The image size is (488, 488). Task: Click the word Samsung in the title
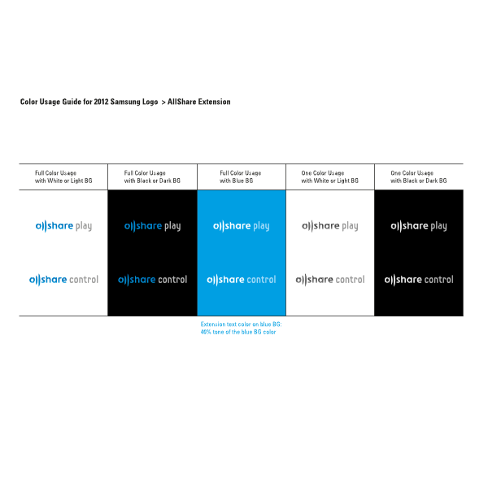pyautogui.click(x=124, y=102)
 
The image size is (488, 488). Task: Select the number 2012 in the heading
pyautogui.click(x=101, y=102)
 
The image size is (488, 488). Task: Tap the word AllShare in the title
pyautogui.click(x=181, y=102)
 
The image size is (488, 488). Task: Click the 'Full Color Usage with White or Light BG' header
pyautogui.click(x=63, y=176)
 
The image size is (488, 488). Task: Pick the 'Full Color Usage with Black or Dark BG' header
pyautogui.click(x=152, y=176)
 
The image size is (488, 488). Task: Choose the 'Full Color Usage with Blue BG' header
pyautogui.click(x=240, y=176)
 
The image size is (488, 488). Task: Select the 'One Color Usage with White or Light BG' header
pyautogui.click(x=330, y=176)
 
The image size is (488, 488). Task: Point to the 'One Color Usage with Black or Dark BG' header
pyautogui.click(x=419, y=176)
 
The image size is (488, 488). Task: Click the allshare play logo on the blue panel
pyautogui.click(x=242, y=226)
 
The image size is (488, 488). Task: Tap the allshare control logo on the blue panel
pyautogui.click(x=242, y=280)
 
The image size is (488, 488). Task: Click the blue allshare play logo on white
pyautogui.click(x=63, y=226)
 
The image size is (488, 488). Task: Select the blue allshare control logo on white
pyautogui.click(x=63, y=280)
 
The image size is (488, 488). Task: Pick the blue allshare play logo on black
pyautogui.click(x=153, y=226)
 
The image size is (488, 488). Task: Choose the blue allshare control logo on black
pyautogui.click(x=153, y=280)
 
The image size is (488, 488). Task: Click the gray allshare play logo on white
pyautogui.click(x=330, y=226)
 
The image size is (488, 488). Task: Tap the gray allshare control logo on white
pyautogui.click(x=330, y=280)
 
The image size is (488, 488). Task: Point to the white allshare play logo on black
pyautogui.click(x=419, y=226)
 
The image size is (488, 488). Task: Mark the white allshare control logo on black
pyautogui.click(x=419, y=280)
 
